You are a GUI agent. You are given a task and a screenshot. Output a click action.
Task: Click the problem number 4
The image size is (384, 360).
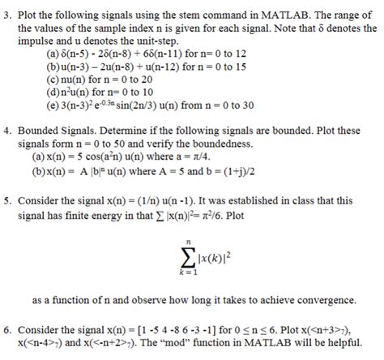click(6, 129)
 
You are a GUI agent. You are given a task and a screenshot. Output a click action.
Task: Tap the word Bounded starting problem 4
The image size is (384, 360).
click(40, 129)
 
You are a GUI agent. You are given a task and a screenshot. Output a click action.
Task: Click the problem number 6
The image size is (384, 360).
click(6, 332)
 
